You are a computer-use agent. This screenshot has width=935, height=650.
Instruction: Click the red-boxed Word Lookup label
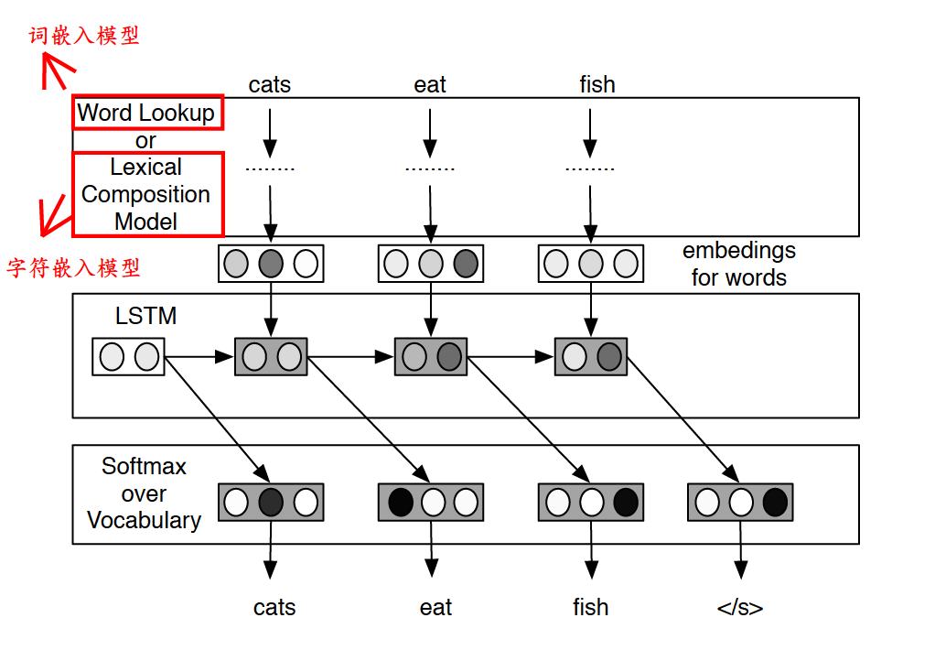click(146, 113)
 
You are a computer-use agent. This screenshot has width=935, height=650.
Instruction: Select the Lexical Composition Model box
click(146, 194)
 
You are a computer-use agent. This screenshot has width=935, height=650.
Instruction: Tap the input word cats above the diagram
click(269, 85)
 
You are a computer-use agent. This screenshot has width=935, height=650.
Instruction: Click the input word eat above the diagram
click(429, 85)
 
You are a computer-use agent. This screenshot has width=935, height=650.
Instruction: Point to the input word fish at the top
click(596, 85)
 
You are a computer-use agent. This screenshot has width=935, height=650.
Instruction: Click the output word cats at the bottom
click(274, 607)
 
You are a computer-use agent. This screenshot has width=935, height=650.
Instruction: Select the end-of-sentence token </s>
click(739, 608)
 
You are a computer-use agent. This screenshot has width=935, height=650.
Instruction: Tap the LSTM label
click(145, 317)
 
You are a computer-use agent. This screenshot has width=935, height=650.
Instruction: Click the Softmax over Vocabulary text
click(144, 493)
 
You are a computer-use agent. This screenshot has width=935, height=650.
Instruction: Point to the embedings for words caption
click(738, 264)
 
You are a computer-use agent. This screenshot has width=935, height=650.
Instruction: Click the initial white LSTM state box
click(128, 356)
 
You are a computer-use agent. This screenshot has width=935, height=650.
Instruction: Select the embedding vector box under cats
click(271, 264)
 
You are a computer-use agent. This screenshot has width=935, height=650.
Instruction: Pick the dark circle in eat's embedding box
click(465, 264)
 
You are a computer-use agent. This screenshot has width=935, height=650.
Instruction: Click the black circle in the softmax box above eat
click(400, 502)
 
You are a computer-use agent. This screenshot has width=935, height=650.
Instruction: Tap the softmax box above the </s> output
click(740, 502)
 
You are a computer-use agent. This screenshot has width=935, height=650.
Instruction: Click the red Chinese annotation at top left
click(84, 36)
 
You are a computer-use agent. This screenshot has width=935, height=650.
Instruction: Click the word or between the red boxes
click(145, 141)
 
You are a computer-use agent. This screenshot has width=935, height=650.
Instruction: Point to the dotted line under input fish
click(589, 169)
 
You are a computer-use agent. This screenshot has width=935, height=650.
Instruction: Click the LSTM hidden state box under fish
click(590, 356)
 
